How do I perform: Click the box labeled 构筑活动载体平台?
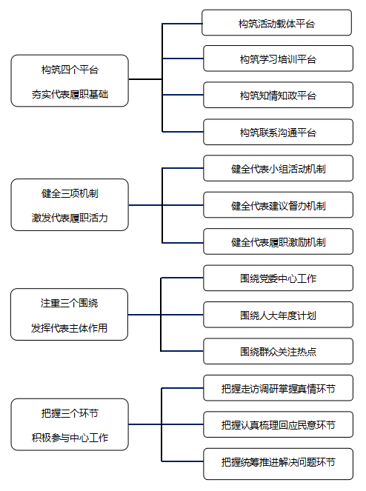276,22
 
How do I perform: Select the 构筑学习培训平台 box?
278,59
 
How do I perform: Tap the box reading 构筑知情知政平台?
278,95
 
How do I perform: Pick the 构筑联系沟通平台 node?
278,132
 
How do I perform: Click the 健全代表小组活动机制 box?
278,168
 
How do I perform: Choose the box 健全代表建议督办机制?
278,205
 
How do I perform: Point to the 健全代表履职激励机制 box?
278,241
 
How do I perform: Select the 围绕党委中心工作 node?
278,278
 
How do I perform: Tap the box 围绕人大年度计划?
278,315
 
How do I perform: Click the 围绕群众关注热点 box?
278,351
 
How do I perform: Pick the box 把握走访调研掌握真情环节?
278,388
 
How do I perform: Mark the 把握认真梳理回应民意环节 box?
278,424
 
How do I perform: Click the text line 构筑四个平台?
70,70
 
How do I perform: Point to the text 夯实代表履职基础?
70,94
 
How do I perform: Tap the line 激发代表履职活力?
70,218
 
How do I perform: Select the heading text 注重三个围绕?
69,303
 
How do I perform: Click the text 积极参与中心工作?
70,438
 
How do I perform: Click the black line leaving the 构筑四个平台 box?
145,79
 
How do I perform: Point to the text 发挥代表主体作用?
69,328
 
